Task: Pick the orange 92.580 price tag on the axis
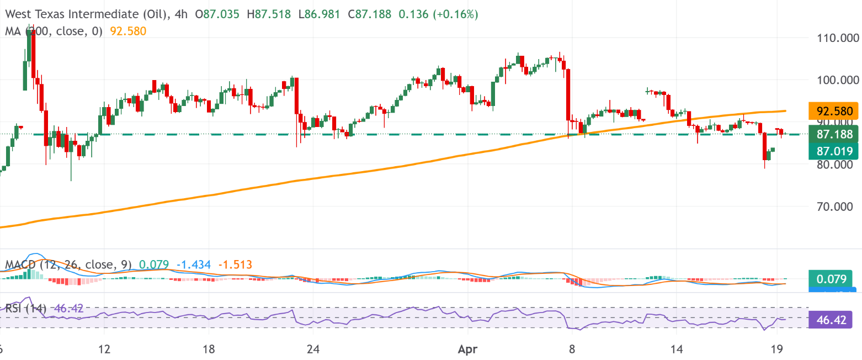833,110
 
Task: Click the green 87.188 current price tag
833,134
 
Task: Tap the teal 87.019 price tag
833,151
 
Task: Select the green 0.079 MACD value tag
833,279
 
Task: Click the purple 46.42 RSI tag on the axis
831,319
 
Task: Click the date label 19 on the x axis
776,350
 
